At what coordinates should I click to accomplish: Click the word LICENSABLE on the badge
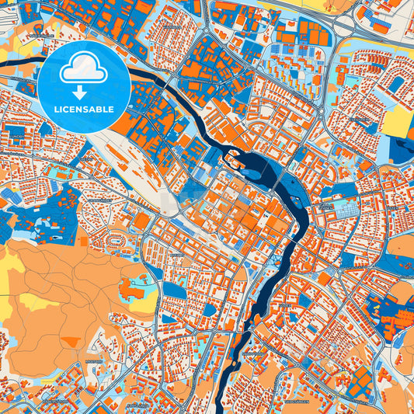85,110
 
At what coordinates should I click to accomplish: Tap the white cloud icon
85,70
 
